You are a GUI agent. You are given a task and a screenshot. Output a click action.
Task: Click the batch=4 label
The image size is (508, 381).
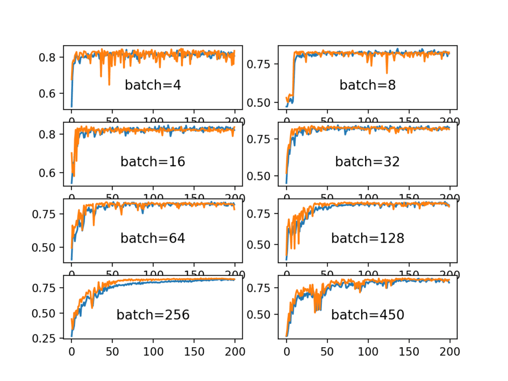click(153, 85)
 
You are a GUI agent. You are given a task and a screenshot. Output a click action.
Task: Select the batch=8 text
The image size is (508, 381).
click(368, 85)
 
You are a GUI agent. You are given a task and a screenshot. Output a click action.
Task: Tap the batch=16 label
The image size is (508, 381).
click(153, 162)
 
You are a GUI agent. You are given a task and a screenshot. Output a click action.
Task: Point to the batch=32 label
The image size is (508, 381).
click(368, 162)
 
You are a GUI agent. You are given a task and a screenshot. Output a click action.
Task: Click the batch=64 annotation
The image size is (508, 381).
click(153, 238)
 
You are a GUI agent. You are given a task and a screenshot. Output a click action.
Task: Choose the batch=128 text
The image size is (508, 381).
click(368, 238)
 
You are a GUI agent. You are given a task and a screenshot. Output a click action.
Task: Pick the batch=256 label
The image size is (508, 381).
click(153, 315)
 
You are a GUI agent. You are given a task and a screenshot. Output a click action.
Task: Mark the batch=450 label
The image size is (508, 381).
click(368, 315)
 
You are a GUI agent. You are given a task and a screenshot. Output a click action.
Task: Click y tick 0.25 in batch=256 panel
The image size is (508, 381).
click(47, 338)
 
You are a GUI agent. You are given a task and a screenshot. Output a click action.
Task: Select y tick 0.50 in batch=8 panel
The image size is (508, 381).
click(262, 102)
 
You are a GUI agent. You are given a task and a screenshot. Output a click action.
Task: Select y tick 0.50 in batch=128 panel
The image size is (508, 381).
click(262, 244)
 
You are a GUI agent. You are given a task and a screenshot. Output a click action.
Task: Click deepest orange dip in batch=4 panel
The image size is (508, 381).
click(109, 84)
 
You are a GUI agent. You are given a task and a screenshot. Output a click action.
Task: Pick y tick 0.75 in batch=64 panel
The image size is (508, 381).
click(47, 214)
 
